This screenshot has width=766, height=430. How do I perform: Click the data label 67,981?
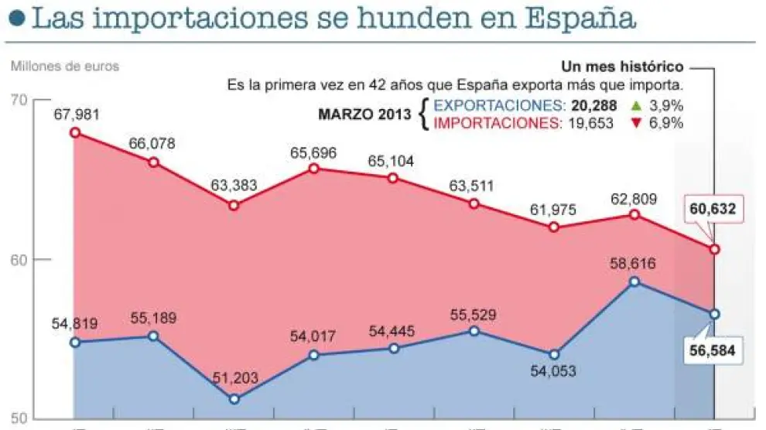click(77, 114)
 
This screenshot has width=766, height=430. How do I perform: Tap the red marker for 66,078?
click(153, 162)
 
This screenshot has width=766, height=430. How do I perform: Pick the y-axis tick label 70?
click(19, 100)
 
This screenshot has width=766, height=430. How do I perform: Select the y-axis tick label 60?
click(19, 259)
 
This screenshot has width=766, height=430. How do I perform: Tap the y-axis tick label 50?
click(19, 418)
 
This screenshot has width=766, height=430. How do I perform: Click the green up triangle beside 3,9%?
click(636, 106)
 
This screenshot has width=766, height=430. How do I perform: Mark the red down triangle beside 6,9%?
click(636, 123)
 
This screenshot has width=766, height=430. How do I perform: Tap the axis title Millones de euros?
click(65, 66)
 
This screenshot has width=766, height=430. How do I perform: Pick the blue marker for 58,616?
click(634, 282)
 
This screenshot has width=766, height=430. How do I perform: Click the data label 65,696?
click(314, 152)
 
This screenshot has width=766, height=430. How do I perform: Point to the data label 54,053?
click(553, 372)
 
